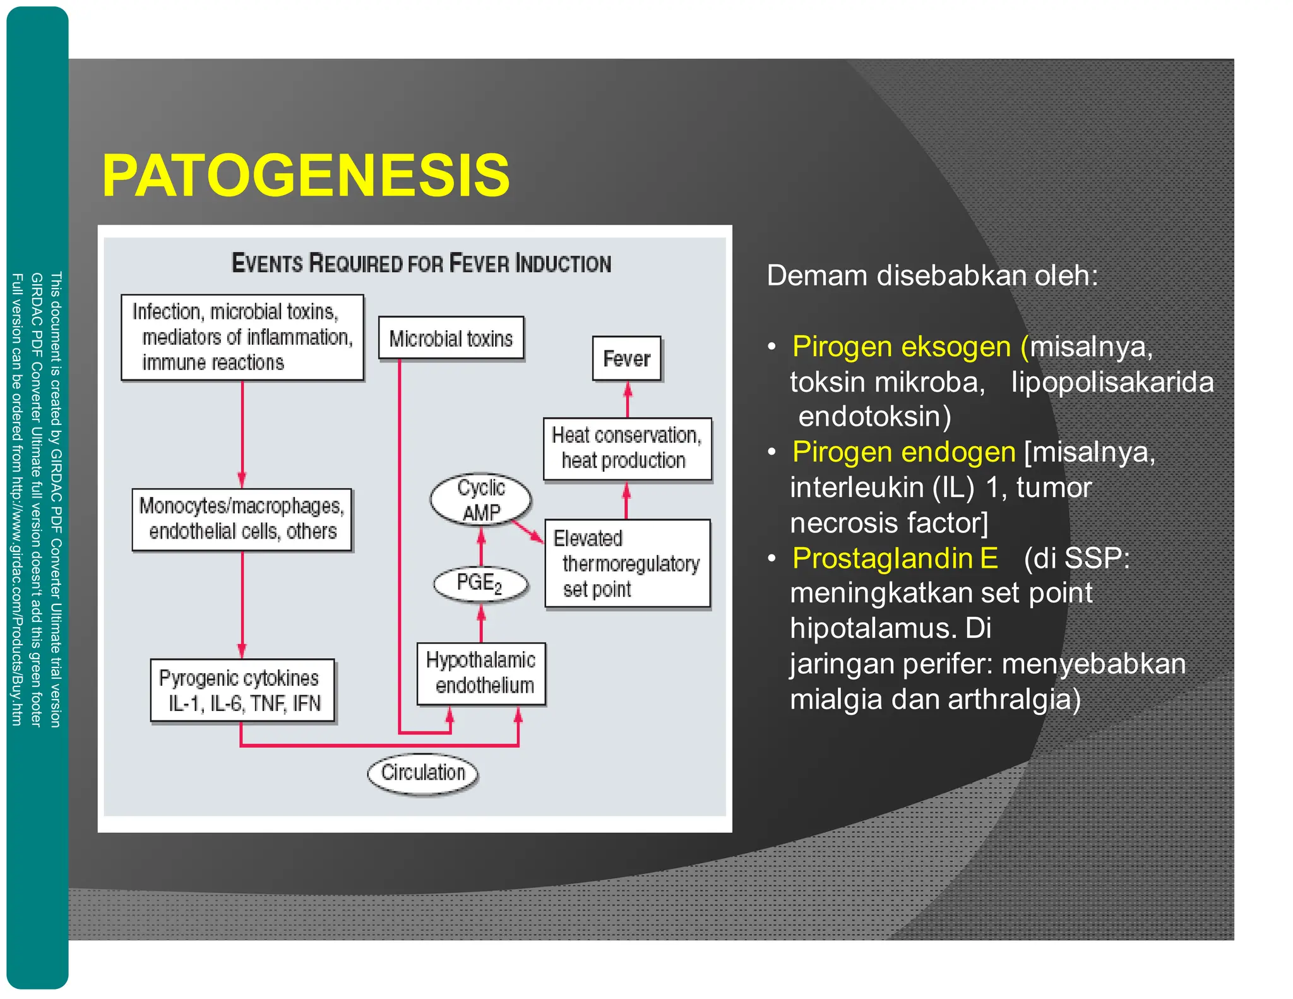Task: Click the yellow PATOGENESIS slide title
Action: pos(306,176)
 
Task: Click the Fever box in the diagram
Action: pos(626,359)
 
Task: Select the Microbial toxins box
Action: pos(451,338)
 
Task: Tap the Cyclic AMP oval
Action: pos(480,500)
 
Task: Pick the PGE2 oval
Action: pos(480,583)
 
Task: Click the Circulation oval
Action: pos(422,772)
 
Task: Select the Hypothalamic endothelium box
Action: pos(481,673)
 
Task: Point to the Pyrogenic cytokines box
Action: pos(242,690)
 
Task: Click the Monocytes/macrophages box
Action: pos(242,519)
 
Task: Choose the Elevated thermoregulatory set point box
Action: pos(627,563)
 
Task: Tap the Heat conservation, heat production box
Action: pos(627,448)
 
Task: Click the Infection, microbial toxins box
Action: pos(242,337)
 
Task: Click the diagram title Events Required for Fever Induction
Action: pos(421,263)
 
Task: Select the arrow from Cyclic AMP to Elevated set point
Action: pos(528,530)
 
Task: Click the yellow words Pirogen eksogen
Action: pos(901,347)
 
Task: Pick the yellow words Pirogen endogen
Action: pos(903,452)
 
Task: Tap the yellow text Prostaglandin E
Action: pos(895,558)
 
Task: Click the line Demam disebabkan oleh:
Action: pos(932,276)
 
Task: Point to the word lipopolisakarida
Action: pos(1112,383)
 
